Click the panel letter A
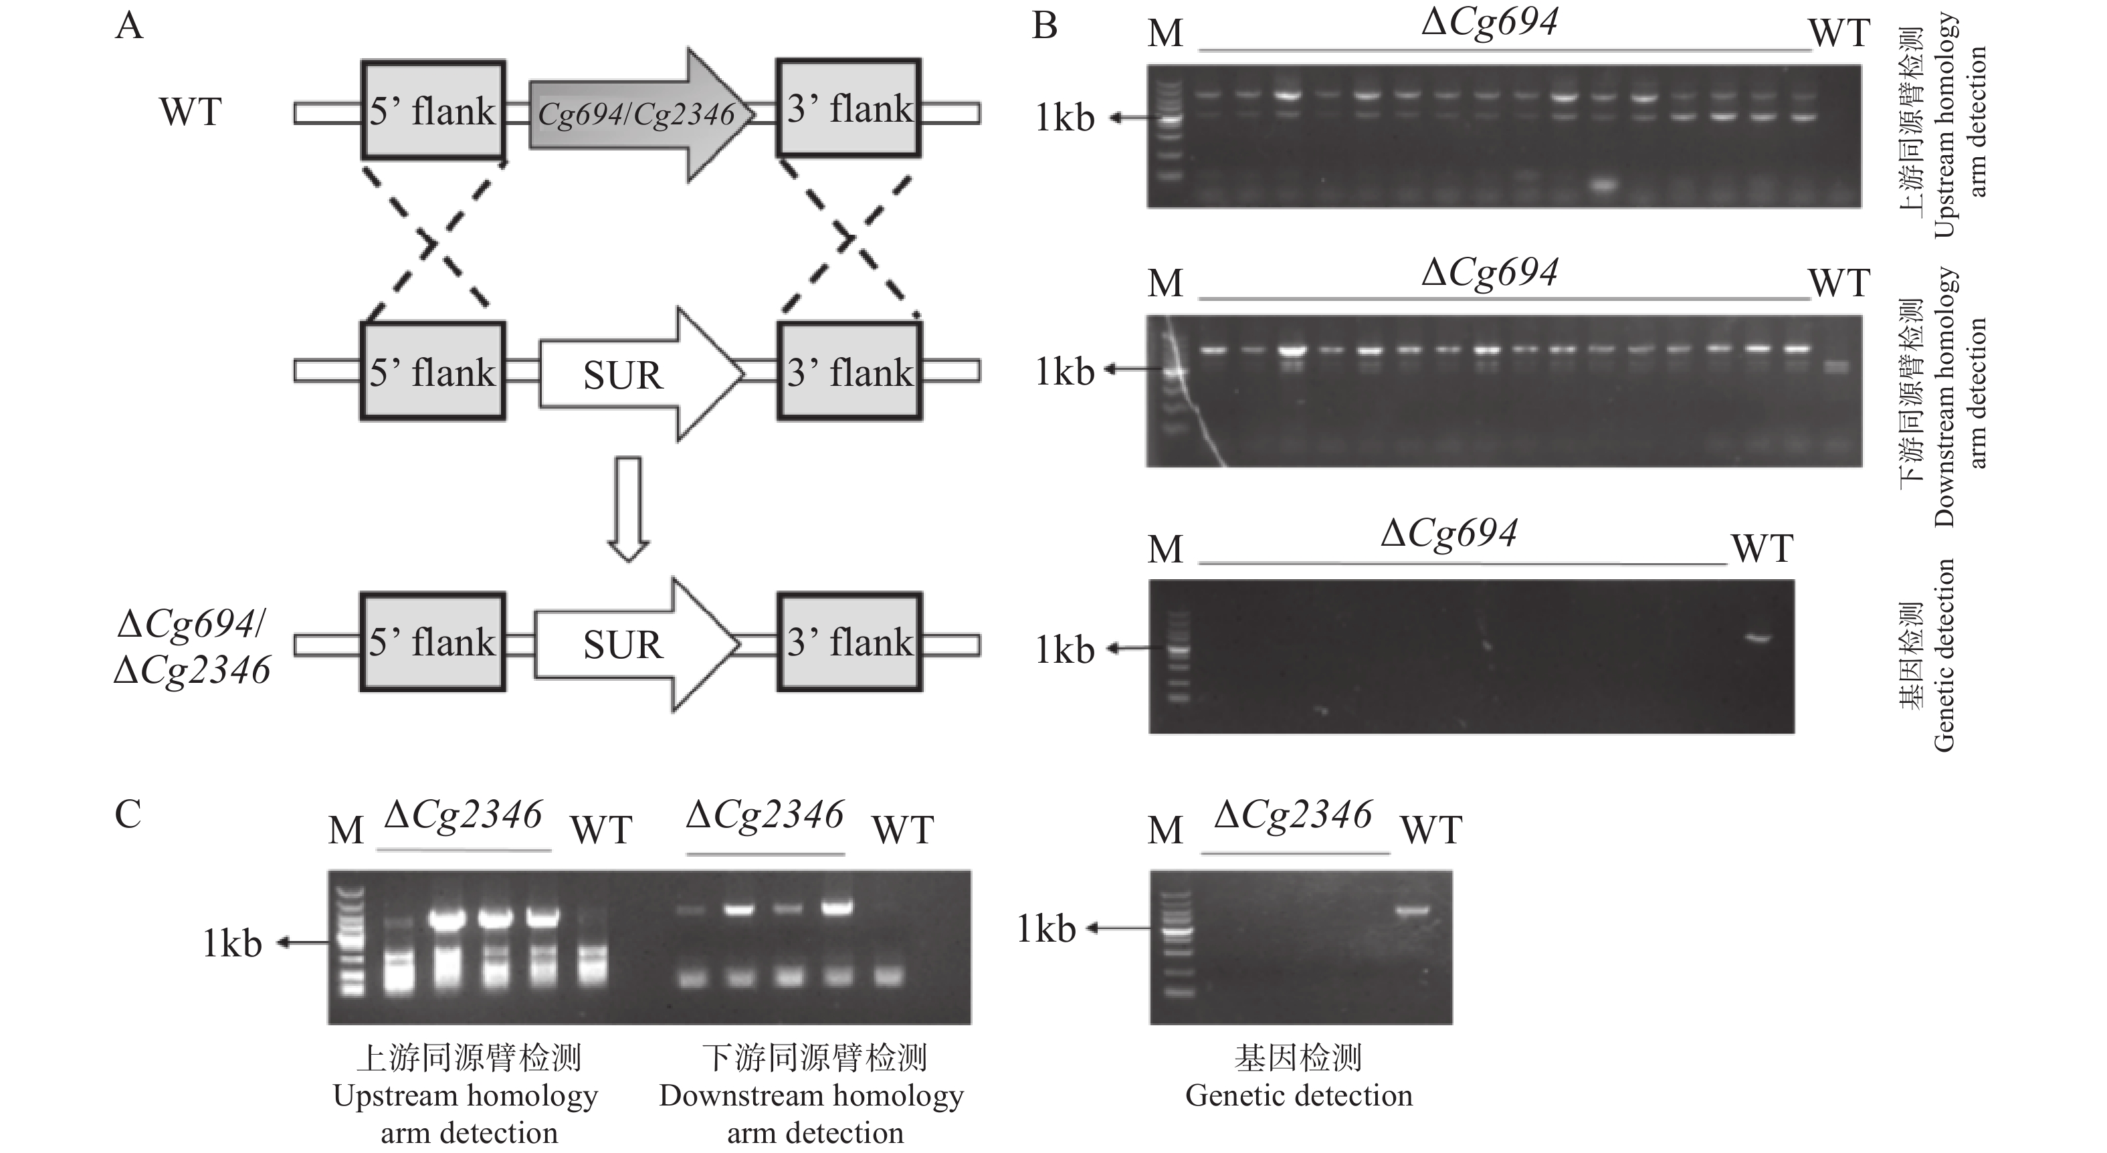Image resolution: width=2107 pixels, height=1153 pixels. pyautogui.click(x=129, y=26)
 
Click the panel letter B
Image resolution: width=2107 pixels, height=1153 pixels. pyautogui.click(x=1045, y=26)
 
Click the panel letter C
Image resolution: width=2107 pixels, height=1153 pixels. pyautogui.click(x=128, y=815)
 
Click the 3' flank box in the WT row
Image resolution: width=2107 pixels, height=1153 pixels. pyautogui.click(x=848, y=109)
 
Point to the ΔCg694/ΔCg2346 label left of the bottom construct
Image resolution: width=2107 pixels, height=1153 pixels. pyautogui.click(x=192, y=647)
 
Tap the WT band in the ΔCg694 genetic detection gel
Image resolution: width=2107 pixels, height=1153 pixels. pyautogui.click(x=1759, y=638)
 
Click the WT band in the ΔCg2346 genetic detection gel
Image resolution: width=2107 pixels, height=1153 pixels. pyautogui.click(x=1413, y=910)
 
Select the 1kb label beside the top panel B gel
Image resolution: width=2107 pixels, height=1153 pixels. pyautogui.click(x=1064, y=118)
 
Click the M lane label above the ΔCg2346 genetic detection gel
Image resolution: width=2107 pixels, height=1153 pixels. pyautogui.click(x=1165, y=831)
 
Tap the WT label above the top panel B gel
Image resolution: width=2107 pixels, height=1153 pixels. pyautogui.click(x=1839, y=33)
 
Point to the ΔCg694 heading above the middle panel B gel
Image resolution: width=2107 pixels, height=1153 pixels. pyautogui.click(x=1490, y=272)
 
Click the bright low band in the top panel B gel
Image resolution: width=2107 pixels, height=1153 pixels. pyautogui.click(x=1604, y=186)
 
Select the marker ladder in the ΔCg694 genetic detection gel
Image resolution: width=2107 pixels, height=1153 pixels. pyautogui.click(x=1178, y=654)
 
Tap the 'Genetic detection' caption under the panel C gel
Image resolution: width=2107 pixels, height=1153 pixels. pyautogui.click(x=1298, y=1095)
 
